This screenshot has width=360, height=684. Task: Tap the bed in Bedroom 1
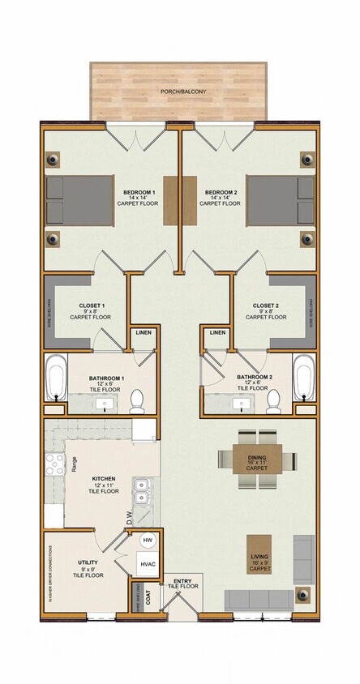[78, 199]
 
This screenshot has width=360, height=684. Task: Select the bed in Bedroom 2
[280, 199]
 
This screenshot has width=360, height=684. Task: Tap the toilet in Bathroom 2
[274, 399]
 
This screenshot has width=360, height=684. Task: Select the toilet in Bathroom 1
[137, 399]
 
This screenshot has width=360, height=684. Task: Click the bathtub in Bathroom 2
[304, 378]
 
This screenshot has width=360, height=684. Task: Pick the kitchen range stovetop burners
[54, 464]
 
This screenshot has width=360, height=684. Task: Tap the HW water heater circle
[148, 540]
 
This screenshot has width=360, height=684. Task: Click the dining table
[258, 459]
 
